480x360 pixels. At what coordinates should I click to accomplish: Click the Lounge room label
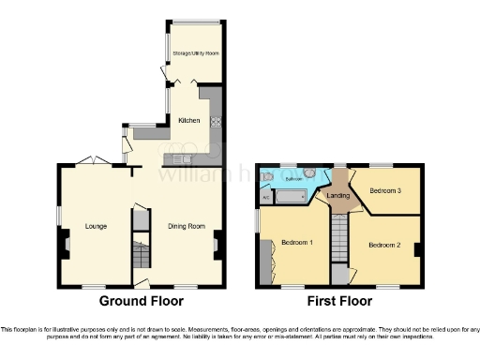pyautogui.click(x=96, y=226)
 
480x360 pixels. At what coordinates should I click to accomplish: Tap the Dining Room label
pyautogui.click(x=187, y=226)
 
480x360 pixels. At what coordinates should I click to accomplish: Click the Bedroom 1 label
pyautogui.click(x=297, y=244)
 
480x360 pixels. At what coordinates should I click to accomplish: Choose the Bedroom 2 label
pyautogui.click(x=384, y=245)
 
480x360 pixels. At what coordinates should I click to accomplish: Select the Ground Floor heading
pyautogui.click(x=142, y=301)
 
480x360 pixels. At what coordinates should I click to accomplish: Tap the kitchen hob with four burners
pyautogui.click(x=216, y=120)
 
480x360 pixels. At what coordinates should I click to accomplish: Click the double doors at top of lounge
pyautogui.click(x=93, y=160)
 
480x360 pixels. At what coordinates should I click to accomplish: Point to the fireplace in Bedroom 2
pyautogui.click(x=418, y=248)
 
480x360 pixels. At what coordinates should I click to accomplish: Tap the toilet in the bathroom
pyautogui.click(x=267, y=176)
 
